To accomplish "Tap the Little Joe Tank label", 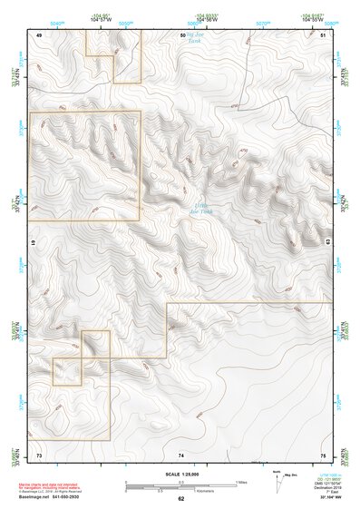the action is click(202, 210).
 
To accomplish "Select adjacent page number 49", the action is click(39, 34).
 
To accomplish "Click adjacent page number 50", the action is click(181, 34).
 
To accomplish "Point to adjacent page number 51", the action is click(324, 34).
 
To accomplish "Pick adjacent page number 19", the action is click(34, 244).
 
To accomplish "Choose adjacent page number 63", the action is click(327, 242).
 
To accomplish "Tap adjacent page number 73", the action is click(39, 454).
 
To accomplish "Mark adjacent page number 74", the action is click(181, 454).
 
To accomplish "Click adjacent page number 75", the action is click(324, 454).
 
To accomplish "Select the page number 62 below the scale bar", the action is click(181, 499).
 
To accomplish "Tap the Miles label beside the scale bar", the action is click(240, 482).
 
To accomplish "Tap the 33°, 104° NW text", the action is click(327, 498).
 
